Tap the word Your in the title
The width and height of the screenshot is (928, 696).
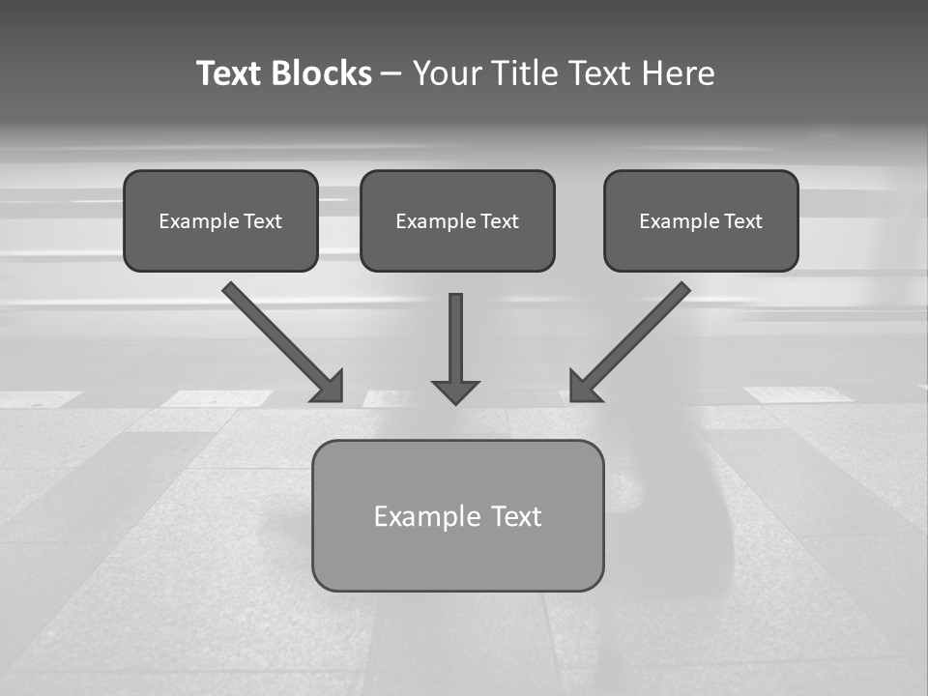(x=448, y=73)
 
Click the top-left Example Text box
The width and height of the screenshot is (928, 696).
(x=220, y=221)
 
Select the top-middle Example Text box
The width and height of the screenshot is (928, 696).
(x=457, y=221)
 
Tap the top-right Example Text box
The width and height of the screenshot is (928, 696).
(x=701, y=221)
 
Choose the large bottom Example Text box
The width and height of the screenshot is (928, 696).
(x=457, y=516)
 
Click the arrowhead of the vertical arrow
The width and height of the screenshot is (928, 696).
(x=455, y=391)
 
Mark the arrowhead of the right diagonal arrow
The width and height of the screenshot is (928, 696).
(x=582, y=388)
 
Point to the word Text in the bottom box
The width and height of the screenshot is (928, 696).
(x=517, y=517)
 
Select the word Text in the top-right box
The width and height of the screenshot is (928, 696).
(x=742, y=221)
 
